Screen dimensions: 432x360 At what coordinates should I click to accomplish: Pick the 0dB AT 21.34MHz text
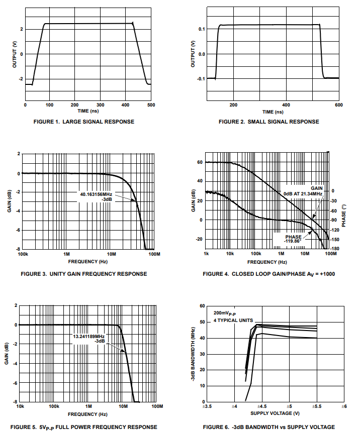(x=304, y=194)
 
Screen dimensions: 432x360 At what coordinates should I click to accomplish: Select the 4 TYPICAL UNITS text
(x=233, y=320)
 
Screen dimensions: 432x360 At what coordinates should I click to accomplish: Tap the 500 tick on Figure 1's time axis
(x=150, y=105)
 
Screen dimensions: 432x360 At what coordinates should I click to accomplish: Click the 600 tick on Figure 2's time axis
(x=338, y=105)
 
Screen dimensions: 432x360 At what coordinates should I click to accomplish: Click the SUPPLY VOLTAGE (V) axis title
(x=275, y=413)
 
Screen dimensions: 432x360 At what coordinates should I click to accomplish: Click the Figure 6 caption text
(x=268, y=427)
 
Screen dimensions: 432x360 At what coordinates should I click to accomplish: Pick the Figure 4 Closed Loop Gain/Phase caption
(x=268, y=274)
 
